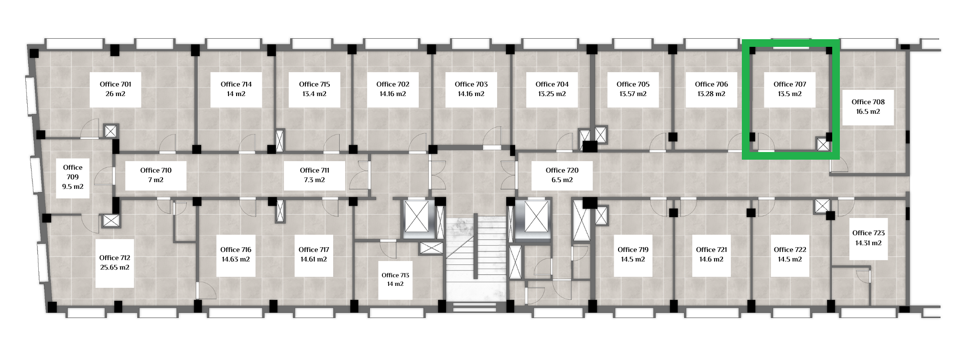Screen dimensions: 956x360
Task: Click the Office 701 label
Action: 115,84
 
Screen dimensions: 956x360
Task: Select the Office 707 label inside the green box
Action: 790,84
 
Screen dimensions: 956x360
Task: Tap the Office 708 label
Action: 868,102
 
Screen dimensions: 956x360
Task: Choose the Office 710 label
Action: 156,170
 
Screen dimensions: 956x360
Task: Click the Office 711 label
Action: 315,170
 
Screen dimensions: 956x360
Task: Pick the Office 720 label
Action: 562,170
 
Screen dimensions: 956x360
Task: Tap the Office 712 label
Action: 115,258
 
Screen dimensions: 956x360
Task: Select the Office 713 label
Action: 395,275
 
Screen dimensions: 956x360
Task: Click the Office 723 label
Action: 869,233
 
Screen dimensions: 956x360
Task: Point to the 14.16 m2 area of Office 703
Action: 471,94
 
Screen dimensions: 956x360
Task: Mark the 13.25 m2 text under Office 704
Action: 552,94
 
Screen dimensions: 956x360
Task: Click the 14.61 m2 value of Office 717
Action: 314,259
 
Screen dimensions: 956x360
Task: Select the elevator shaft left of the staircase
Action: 418,219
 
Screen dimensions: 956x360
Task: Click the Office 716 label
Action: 236,250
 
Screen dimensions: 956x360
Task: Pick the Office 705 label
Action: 633,84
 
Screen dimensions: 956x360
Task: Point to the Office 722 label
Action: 790,250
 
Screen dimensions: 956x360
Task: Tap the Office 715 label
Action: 315,84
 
